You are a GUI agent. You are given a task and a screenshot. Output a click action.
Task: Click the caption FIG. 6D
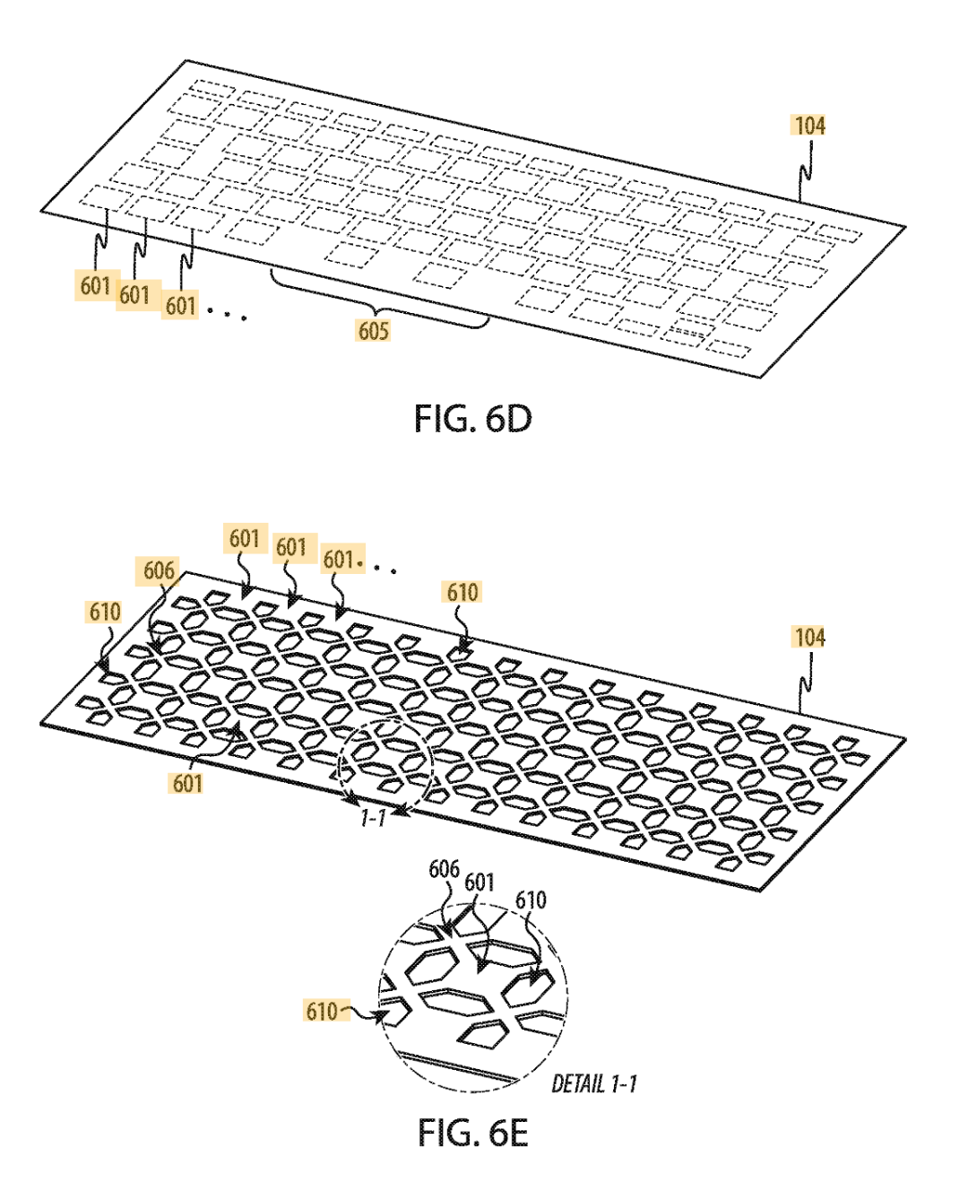tap(472, 419)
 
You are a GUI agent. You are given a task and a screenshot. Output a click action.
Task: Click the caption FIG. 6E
tap(472, 1133)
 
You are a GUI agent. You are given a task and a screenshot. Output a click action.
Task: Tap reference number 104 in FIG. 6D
tap(808, 126)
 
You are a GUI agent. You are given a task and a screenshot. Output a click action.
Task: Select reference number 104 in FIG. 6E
tap(808, 638)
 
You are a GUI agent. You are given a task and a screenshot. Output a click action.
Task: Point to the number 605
tap(373, 331)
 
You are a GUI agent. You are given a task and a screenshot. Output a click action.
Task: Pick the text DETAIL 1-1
tap(594, 1084)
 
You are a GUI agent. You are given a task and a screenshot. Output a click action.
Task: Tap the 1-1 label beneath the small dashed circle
tap(373, 817)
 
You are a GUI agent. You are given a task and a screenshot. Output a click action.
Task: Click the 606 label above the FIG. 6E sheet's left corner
tap(159, 570)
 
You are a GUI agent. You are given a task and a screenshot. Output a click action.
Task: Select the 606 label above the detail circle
tap(444, 869)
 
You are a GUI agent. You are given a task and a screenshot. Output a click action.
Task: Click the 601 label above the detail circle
tap(480, 883)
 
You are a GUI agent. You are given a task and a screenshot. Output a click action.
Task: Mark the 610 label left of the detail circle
tap(322, 1012)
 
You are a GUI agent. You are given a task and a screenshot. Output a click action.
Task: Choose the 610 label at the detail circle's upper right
tap(531, 900)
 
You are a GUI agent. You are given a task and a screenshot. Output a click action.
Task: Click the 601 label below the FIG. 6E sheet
tap(186, 783)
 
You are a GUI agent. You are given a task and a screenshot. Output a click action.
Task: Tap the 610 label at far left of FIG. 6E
tap(104, 613)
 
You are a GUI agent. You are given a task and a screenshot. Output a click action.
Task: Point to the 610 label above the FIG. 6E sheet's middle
tap(462, 592)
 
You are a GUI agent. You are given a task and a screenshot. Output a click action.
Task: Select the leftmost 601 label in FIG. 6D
tap(95, 286)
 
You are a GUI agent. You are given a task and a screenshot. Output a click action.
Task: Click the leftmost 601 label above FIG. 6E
tap(244, 539)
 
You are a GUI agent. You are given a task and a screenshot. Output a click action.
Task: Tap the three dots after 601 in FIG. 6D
tap(228, 313)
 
